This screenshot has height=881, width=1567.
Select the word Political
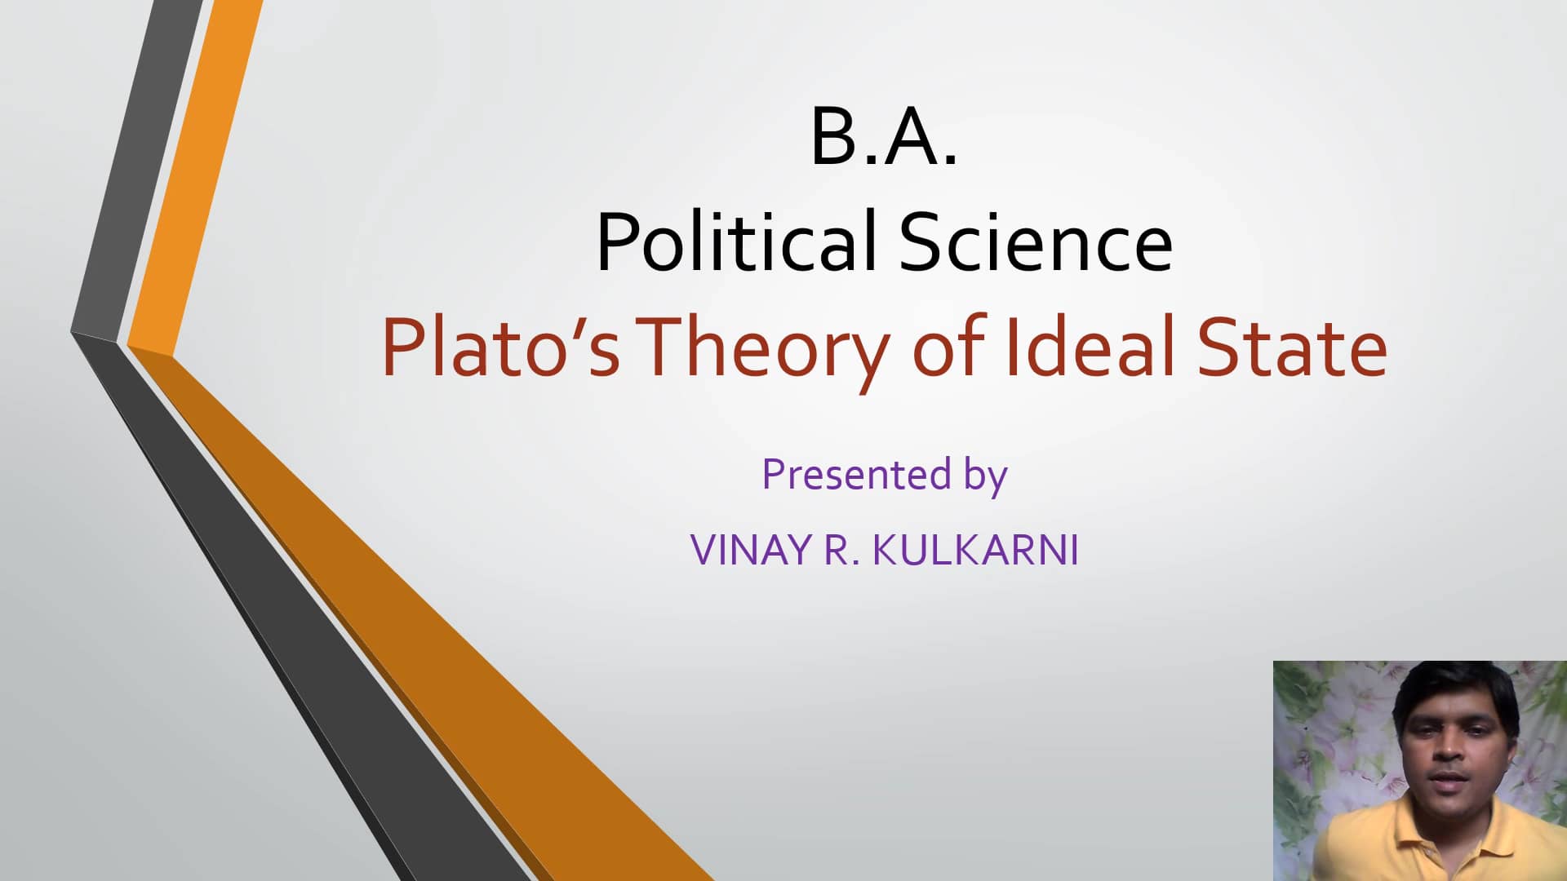click(735, 242)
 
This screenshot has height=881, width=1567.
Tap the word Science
click(1036, 242)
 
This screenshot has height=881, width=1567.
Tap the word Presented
click(856, 474)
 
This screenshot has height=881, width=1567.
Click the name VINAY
click(751, 550)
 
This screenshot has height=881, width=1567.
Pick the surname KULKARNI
click(975, 550)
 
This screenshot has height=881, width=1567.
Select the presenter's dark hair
click(1453, 689)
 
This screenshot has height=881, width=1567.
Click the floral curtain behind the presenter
click(1322, 734)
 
